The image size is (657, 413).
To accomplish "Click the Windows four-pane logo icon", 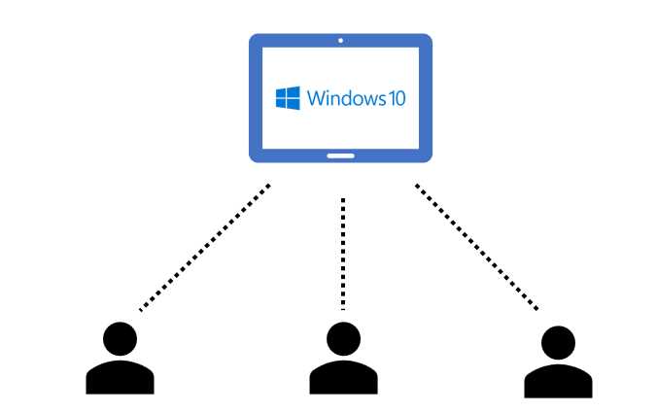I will pos(287,98).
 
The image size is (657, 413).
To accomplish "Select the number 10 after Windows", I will pos(397,98).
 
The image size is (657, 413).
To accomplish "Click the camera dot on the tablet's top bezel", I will pos(341,42).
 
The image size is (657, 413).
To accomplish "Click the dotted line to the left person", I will pos(205,248).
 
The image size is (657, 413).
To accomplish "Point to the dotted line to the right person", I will pos(475,247).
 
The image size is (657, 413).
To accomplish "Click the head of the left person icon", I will pos(120,338).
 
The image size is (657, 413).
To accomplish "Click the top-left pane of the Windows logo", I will pos(281,92).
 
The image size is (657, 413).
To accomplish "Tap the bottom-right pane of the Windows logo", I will pos(294,104).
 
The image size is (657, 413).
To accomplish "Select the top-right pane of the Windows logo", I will pos(294,91).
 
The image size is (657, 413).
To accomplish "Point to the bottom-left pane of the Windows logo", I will pos(281,103).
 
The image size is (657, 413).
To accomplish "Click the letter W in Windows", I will pos(315,98).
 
